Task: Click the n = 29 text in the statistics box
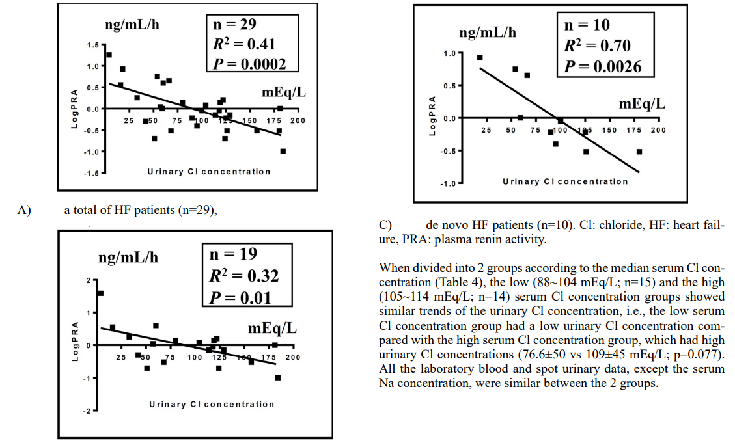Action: pos(235,24)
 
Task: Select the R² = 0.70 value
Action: pos(597,46)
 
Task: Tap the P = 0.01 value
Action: pos(239,297)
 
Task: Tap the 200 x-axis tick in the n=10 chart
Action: pos(658,131)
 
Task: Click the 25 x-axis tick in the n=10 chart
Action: pos(486,131)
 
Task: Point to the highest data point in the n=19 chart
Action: pos(100,293)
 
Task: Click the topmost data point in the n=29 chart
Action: pos(109,55)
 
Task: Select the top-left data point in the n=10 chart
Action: pos(480,57)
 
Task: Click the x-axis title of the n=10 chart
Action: pos(565,181)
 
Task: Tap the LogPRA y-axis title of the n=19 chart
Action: pos(76,342)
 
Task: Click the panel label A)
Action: pos(25,210)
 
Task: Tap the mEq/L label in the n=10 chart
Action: pos(642,104)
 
